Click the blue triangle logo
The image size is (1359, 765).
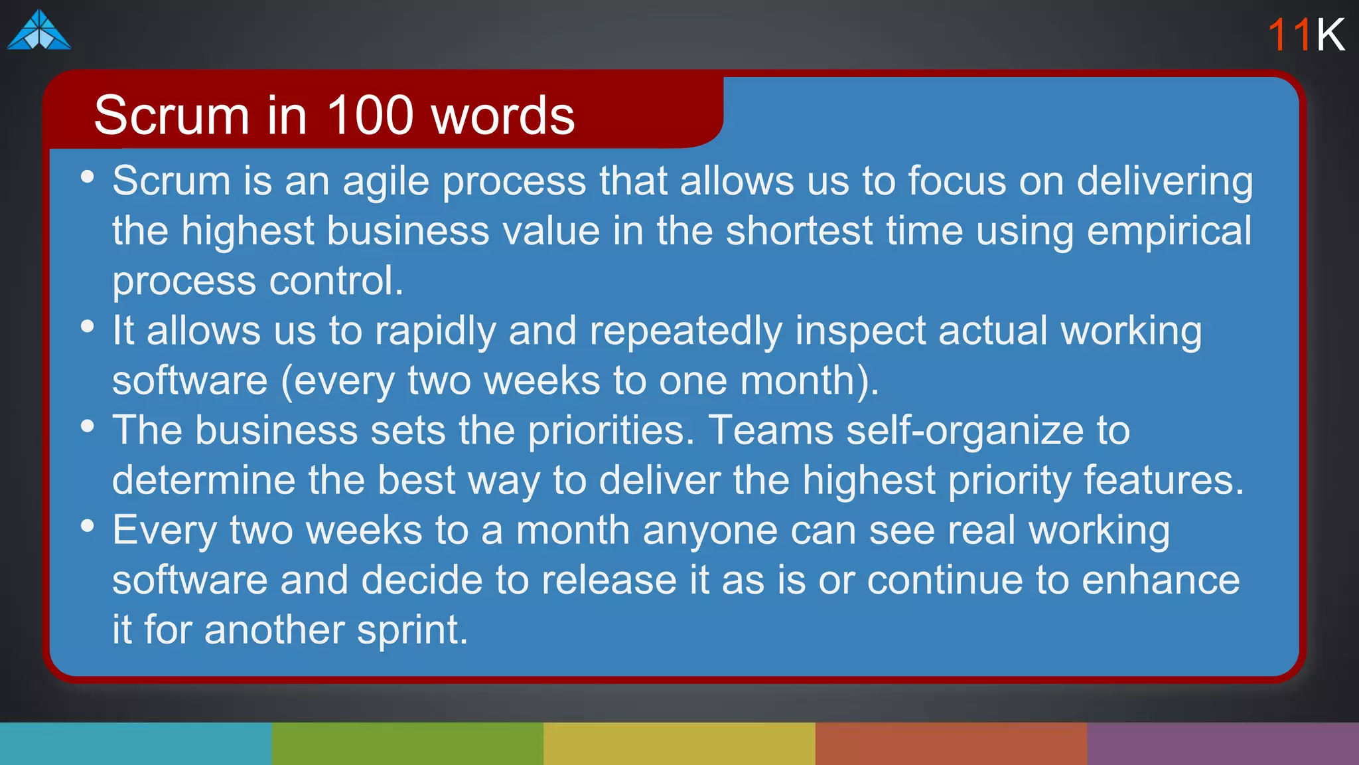point(38,31)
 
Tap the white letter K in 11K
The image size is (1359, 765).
point(1330,35)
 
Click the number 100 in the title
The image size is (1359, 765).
point(370,116)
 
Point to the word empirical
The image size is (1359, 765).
point(1169,231)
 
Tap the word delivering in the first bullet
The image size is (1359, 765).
point(1165,181)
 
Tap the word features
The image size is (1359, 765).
point(1163,480)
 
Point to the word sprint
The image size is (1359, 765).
point(412,630)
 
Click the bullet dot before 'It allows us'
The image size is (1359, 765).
point(87,326)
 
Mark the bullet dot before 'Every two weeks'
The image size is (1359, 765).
point(87,526)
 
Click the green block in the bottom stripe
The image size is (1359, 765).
point(407,744)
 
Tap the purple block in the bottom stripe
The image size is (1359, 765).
point(1223,744)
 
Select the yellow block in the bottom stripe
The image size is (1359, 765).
point(679,744)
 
